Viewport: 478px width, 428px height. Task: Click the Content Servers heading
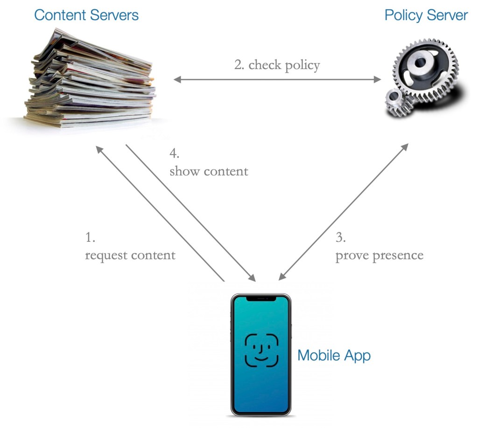point(86,15)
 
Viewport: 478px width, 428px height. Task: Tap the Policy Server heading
point(426,15)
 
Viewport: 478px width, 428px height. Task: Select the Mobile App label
point(334,355)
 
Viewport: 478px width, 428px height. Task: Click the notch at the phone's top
point(261,297)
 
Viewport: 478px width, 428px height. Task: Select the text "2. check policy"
point(277,65)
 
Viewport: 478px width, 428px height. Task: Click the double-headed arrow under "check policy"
point(277,80)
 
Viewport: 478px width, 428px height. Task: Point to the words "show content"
point(209,171)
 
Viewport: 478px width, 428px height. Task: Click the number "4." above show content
point(175,153)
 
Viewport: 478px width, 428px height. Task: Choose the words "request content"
point(130,255)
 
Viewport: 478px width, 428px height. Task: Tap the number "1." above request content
point(90,238)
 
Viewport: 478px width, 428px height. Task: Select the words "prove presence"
point(379,255)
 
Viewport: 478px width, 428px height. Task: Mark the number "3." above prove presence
point(341,238)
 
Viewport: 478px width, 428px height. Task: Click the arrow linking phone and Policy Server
point(343,212)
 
